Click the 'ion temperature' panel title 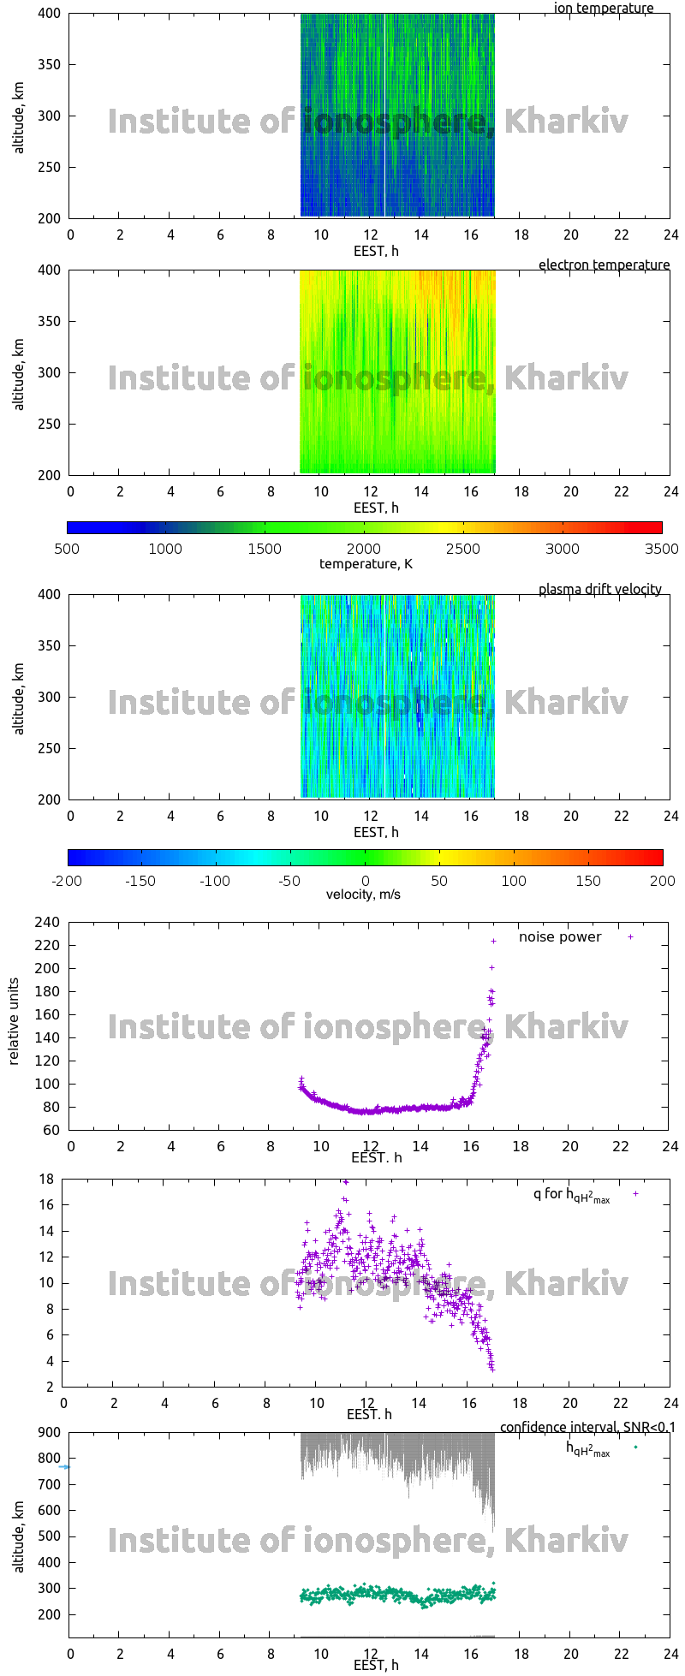click(x=604, y=9)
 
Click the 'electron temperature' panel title click(x=604, y=265)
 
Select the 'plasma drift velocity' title click(x=599, y=590)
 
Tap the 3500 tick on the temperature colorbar click(x=661, y=549)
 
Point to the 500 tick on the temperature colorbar click(x=67, y=549)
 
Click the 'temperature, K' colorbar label click(x=366, y=563)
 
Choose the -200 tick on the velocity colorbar click(x=67, y=881)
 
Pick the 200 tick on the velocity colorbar click(x=662, y=881)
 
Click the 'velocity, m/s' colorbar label click(x=363, y=895)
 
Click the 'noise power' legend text click(x=560, y=937)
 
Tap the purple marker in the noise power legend click(x=631, y=937)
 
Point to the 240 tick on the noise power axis click(x=47, y=923)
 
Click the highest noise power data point click(x=493, y=941)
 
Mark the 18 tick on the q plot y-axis click(x=47, y=1180)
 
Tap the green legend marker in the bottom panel click(x=635, y=1447)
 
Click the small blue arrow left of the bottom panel click(x=63, y=1467)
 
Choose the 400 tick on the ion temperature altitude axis click(x=47, y=14)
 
